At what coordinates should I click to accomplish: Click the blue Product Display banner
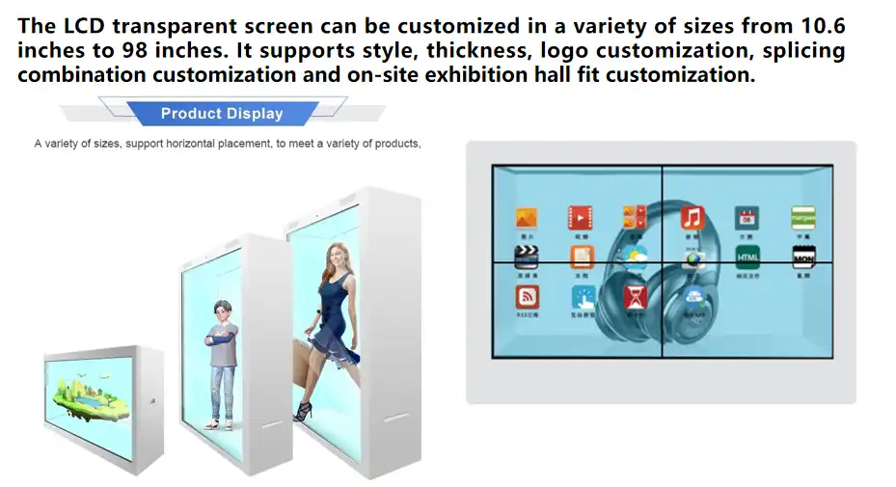222,114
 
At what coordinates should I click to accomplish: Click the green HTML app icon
747,257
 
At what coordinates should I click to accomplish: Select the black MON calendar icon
803,257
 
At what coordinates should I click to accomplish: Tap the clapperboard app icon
527,257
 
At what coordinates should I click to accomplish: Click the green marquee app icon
803,217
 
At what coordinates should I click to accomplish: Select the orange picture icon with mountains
527,217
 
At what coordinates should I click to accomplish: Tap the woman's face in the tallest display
338,256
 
